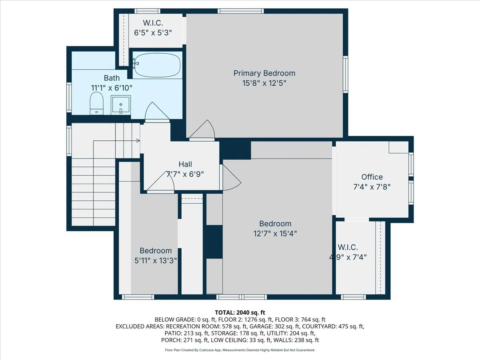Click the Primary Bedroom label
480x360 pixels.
tap(264, 73)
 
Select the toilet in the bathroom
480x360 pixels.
tap(96, 104)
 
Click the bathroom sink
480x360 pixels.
tap(120, 105)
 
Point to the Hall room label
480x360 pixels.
tap(185, 164)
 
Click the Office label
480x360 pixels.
tap(372, 177)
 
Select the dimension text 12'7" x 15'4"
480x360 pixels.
tap(275, 234)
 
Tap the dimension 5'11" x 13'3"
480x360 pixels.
tap(156, 260)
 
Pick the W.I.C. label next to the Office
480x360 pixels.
tap(348, 247)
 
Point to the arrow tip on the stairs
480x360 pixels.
tap(138, 141)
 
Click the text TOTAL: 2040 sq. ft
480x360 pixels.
tap(240, 312)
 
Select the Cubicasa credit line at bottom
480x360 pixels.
tap(240, 350)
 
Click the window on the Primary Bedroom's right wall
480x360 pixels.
tap(346, 74)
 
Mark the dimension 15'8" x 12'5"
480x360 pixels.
tap(264, 83)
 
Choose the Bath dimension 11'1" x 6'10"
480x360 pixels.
tap(112, 87)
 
